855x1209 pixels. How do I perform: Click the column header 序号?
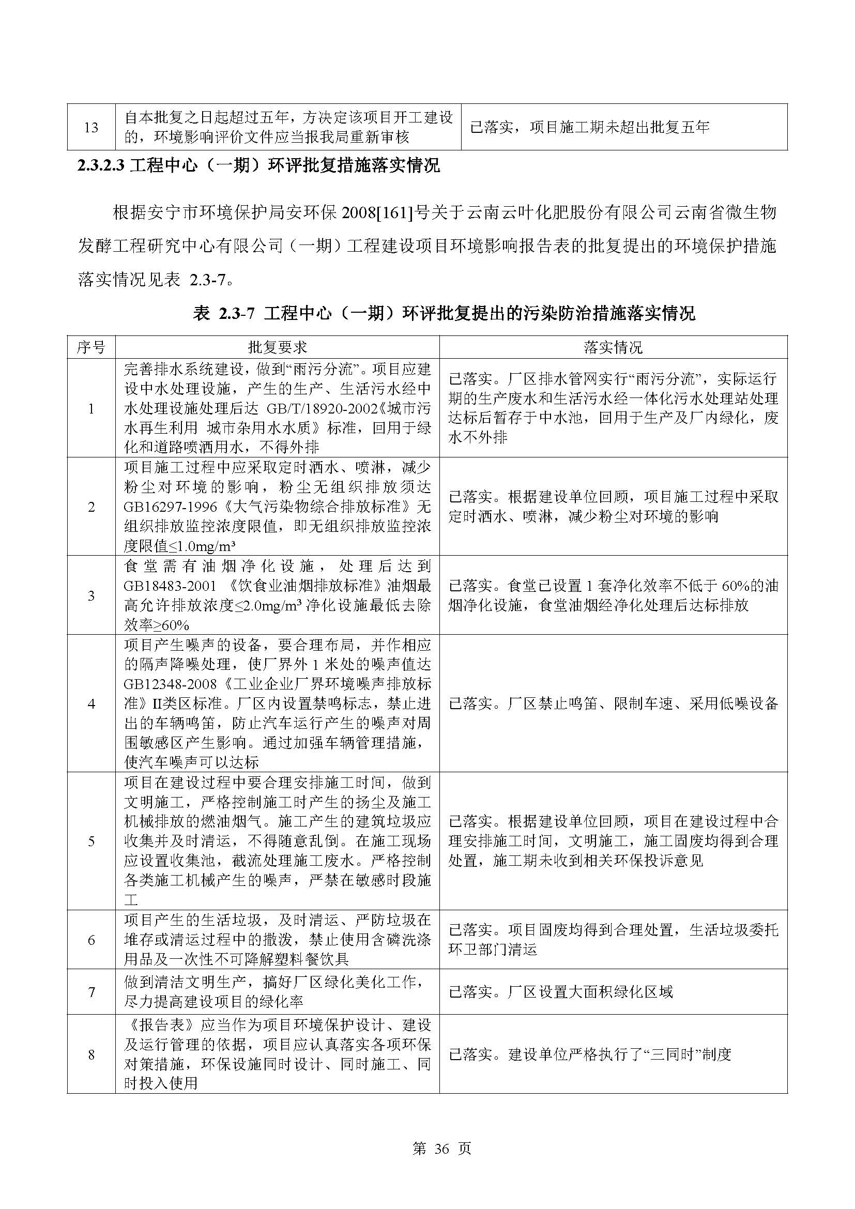[90, 347]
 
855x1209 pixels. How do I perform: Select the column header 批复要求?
[278, 347]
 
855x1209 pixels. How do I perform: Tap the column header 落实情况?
[613, 347]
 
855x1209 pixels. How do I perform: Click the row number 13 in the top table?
[91, 128]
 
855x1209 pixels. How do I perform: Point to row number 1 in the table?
[91, 409]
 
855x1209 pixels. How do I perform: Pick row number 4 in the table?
[91, 703]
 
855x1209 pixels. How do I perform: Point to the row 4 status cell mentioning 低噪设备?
[614, 703]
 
